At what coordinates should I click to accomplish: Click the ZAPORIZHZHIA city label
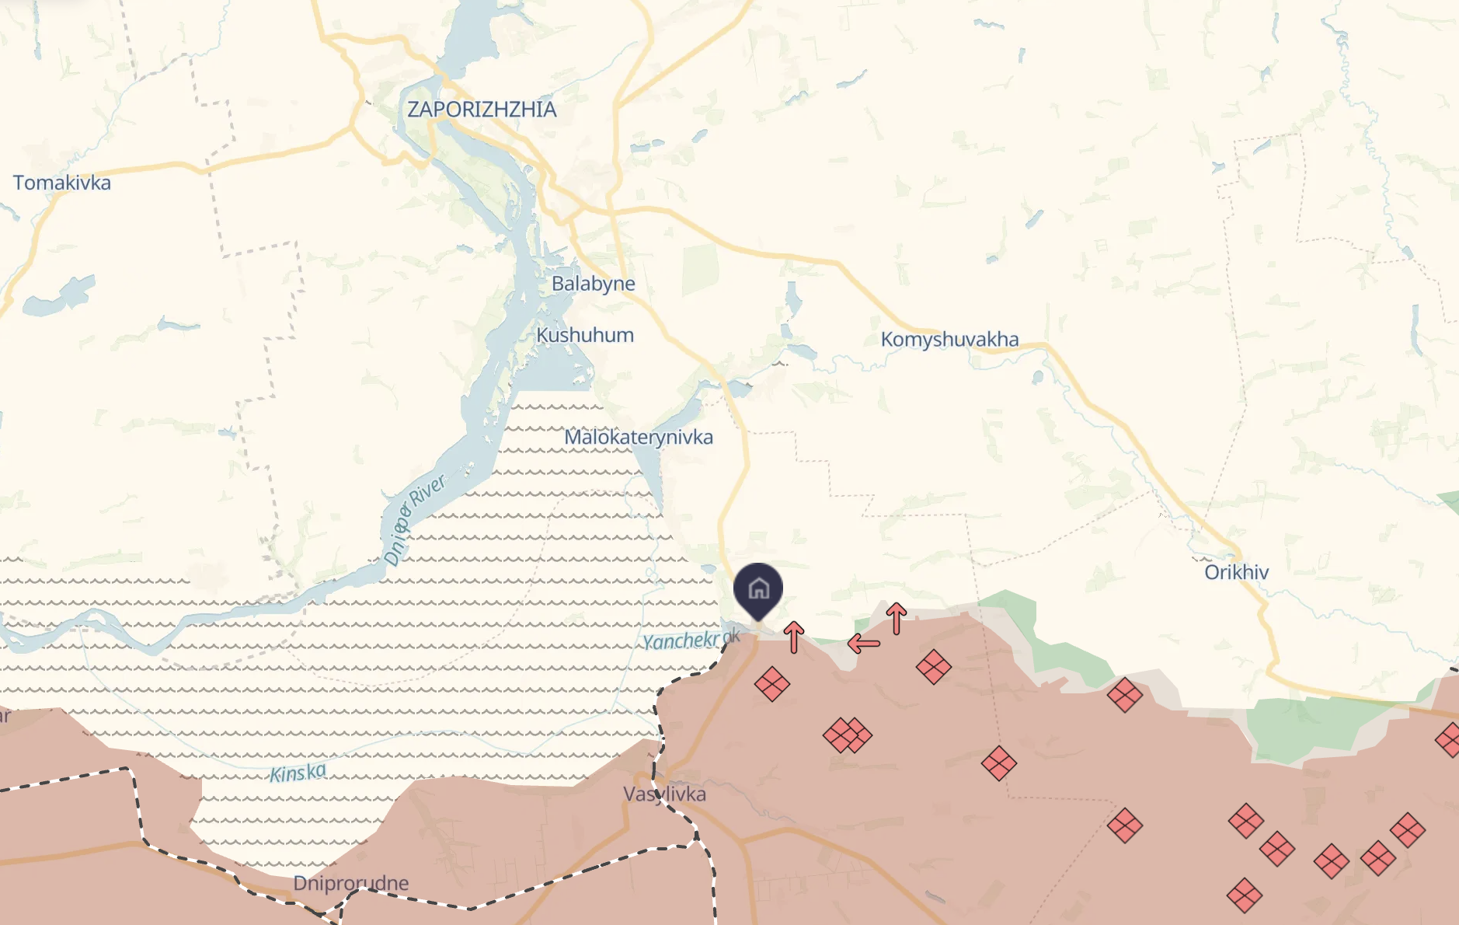point(482,110)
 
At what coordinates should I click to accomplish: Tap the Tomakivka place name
point(62,183)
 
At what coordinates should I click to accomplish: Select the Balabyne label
point(593,284)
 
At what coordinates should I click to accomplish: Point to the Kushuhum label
point(585,336)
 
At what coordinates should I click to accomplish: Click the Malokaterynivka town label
point(638,438)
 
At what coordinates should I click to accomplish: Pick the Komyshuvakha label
point(949,340)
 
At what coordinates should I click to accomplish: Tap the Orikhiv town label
point(1236,573)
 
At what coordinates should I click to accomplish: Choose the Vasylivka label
point(664,794)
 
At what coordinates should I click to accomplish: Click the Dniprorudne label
point(350,883)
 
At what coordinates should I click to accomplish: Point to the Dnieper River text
point(415,518)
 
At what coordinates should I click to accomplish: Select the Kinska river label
point(298,773)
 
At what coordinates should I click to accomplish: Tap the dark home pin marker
point(758,589)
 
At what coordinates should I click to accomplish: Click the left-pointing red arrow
point(864,644)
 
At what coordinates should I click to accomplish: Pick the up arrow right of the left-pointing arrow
point(897,619)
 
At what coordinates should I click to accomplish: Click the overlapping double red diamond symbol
point(848,735)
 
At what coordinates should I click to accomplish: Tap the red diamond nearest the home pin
point(772,684)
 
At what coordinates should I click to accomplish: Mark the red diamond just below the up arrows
point(934,667)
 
